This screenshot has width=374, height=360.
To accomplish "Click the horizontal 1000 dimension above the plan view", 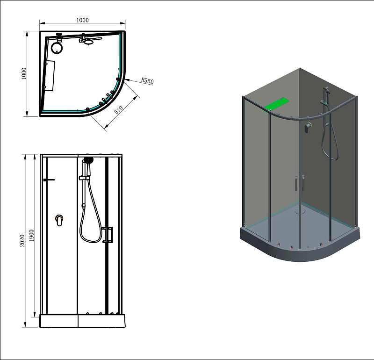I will tap(82, 20).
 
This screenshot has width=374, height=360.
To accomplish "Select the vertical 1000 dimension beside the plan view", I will tap(24, 74).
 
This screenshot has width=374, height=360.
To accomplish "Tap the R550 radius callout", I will tap(147, 81).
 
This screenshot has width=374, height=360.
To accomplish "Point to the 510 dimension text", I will tap(118, 111).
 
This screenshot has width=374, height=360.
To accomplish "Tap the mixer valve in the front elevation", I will tap(59, 220).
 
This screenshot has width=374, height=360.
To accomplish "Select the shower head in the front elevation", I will tap(88, 160).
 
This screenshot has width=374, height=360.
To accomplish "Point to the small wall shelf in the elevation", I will tap(49, 180).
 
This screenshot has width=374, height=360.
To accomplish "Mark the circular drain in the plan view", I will tap(57, 47).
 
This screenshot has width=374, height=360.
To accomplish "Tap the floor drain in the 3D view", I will tap(298, 210).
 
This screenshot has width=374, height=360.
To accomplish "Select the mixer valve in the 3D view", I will tap(308, 127).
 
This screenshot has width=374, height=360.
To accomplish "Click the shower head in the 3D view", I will tap(326, 89).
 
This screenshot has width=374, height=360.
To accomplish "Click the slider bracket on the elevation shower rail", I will tap(84, 178).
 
